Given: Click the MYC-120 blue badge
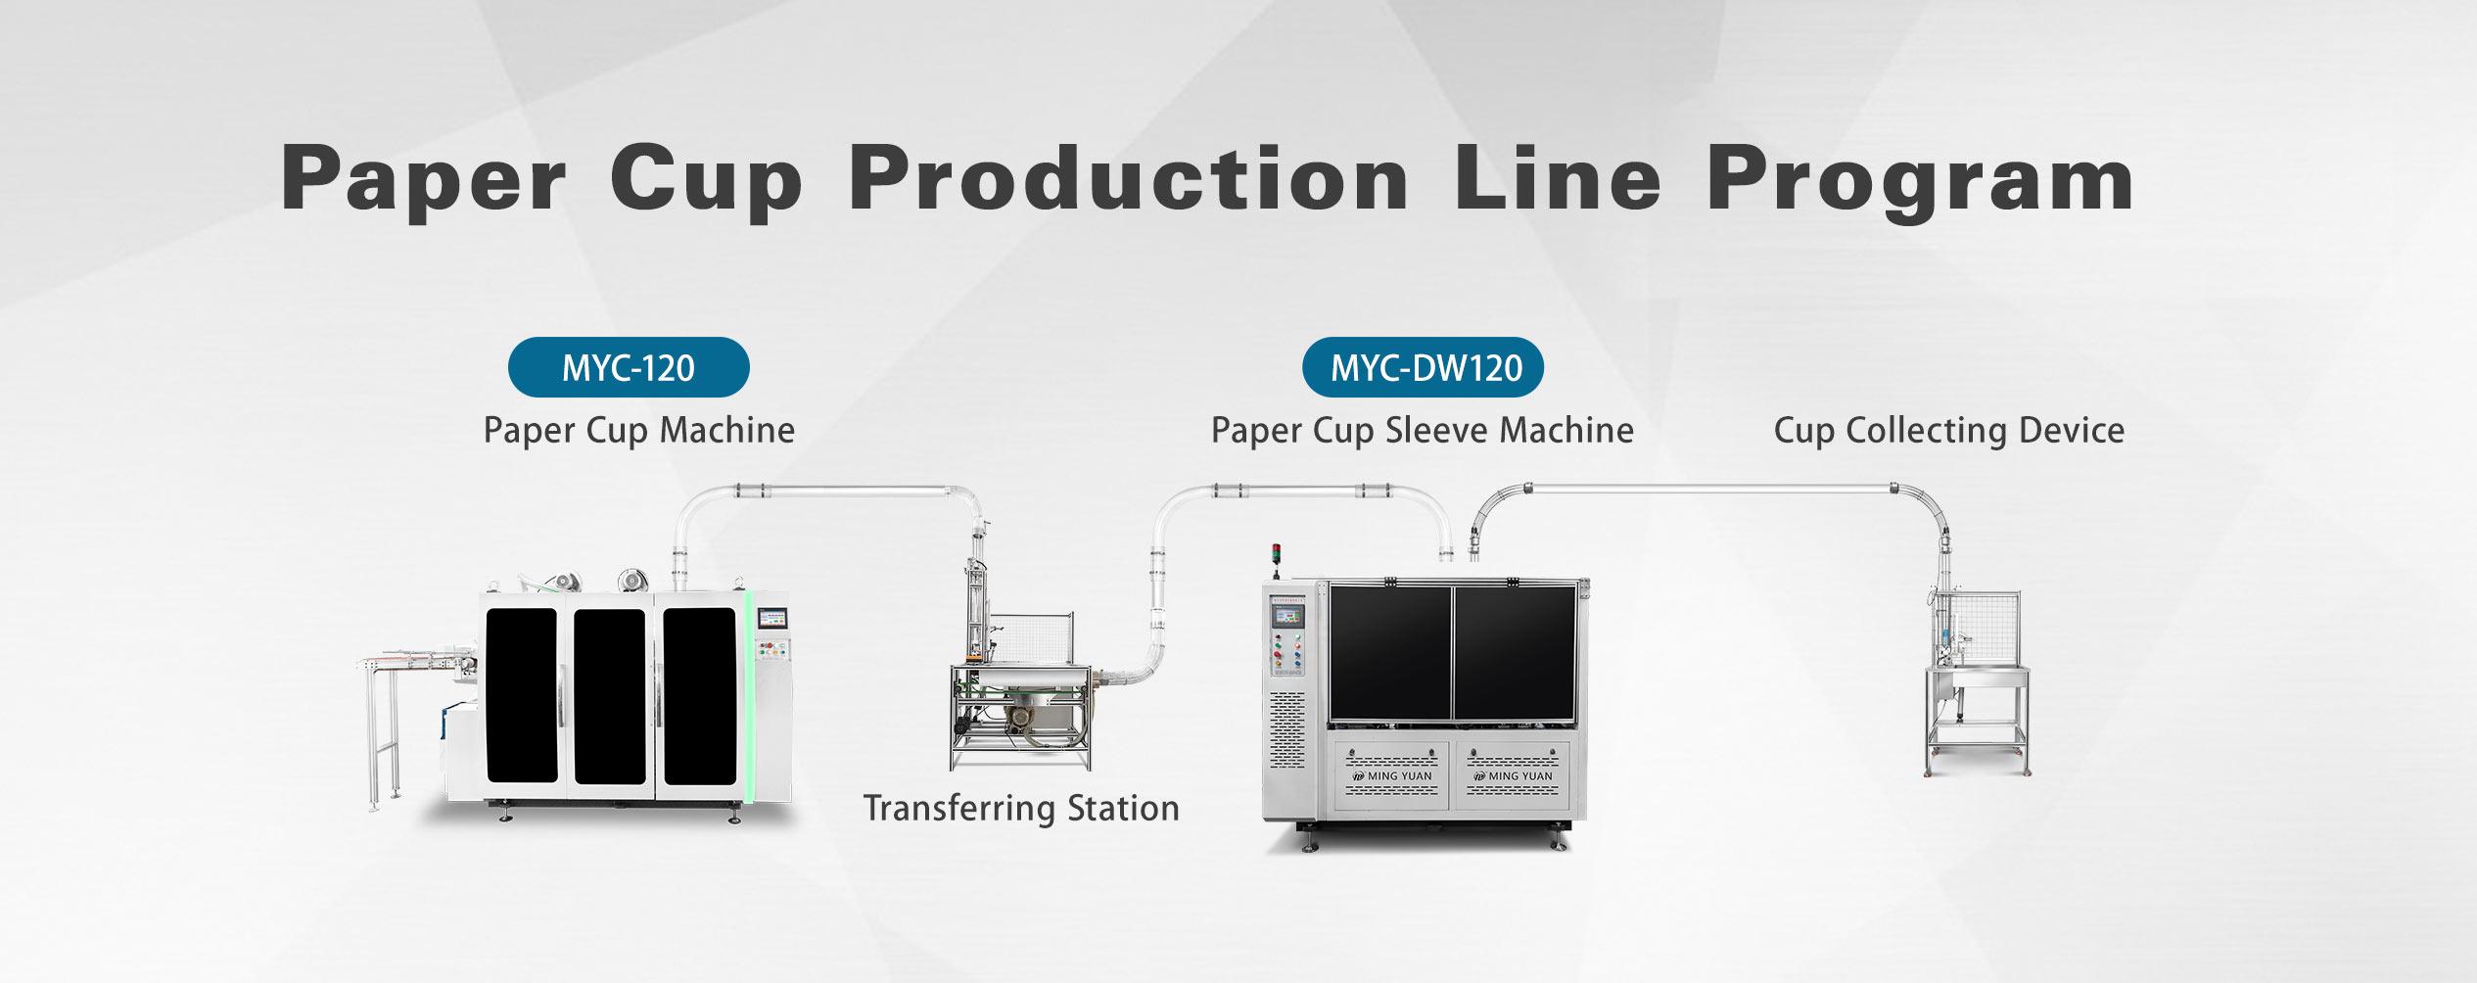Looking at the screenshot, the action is tap(629, 367).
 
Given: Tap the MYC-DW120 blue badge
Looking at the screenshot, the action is tap(1423, 367).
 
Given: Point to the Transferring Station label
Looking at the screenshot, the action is tap(1021, 808).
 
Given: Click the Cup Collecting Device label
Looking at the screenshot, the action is tap(1949, 430).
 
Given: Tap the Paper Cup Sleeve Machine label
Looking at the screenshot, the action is tap(1423, 430).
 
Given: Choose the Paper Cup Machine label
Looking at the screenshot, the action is tap(639, 430).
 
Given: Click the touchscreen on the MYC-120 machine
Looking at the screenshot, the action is tap(772, 620).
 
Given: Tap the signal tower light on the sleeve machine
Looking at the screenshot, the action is tap(1276, 555).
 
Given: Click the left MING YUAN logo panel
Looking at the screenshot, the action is tap(1391, 775).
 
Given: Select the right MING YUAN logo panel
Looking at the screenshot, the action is tap(1513, 775).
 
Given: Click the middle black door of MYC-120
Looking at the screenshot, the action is tap(609, 696).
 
